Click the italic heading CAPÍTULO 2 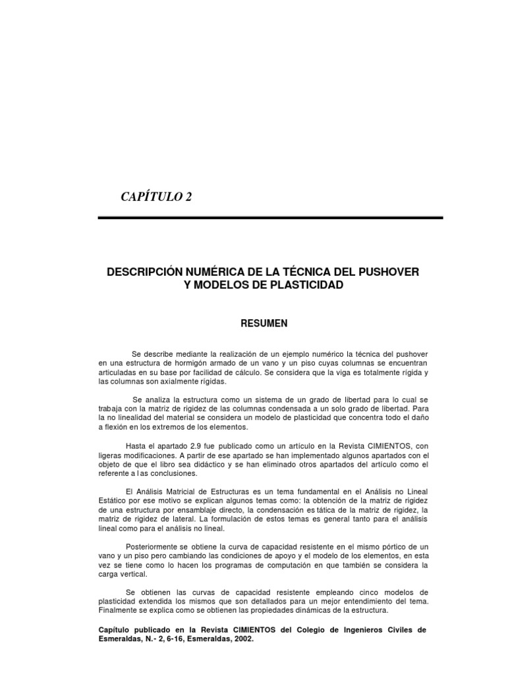tap(156, 197)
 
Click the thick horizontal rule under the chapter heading tap(270, 217)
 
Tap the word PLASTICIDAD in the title tap(308, 285)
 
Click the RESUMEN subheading tap(264, 323)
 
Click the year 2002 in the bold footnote tap(242, 638)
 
